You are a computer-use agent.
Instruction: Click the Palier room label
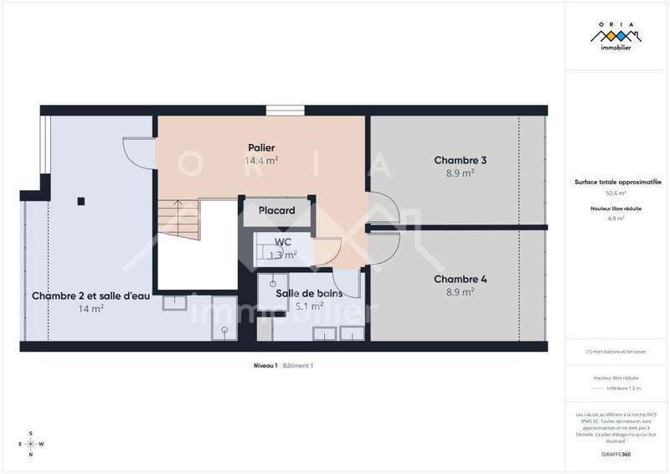click(261, 148)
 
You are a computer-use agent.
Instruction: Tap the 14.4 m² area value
click(261, 161)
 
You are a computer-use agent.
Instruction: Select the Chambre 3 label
click(461, 160)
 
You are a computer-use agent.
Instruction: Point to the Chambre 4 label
click(461, 280)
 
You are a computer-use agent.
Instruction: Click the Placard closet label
click(276, 211)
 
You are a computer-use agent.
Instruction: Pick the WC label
click(283, 242)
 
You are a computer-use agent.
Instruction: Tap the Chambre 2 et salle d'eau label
click(91, 296)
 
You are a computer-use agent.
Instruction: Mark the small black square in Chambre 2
click(80, 201)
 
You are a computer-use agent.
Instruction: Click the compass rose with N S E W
click(31, 444)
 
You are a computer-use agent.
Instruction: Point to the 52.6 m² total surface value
click(616, 193)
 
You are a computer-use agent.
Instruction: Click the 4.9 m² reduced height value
click(616, 219)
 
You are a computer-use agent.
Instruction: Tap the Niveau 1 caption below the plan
click(265, 366)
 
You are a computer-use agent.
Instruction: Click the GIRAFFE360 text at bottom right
click(616, 453)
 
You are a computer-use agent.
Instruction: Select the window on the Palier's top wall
click(279, 110)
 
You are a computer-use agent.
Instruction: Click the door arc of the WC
click(327, 250)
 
